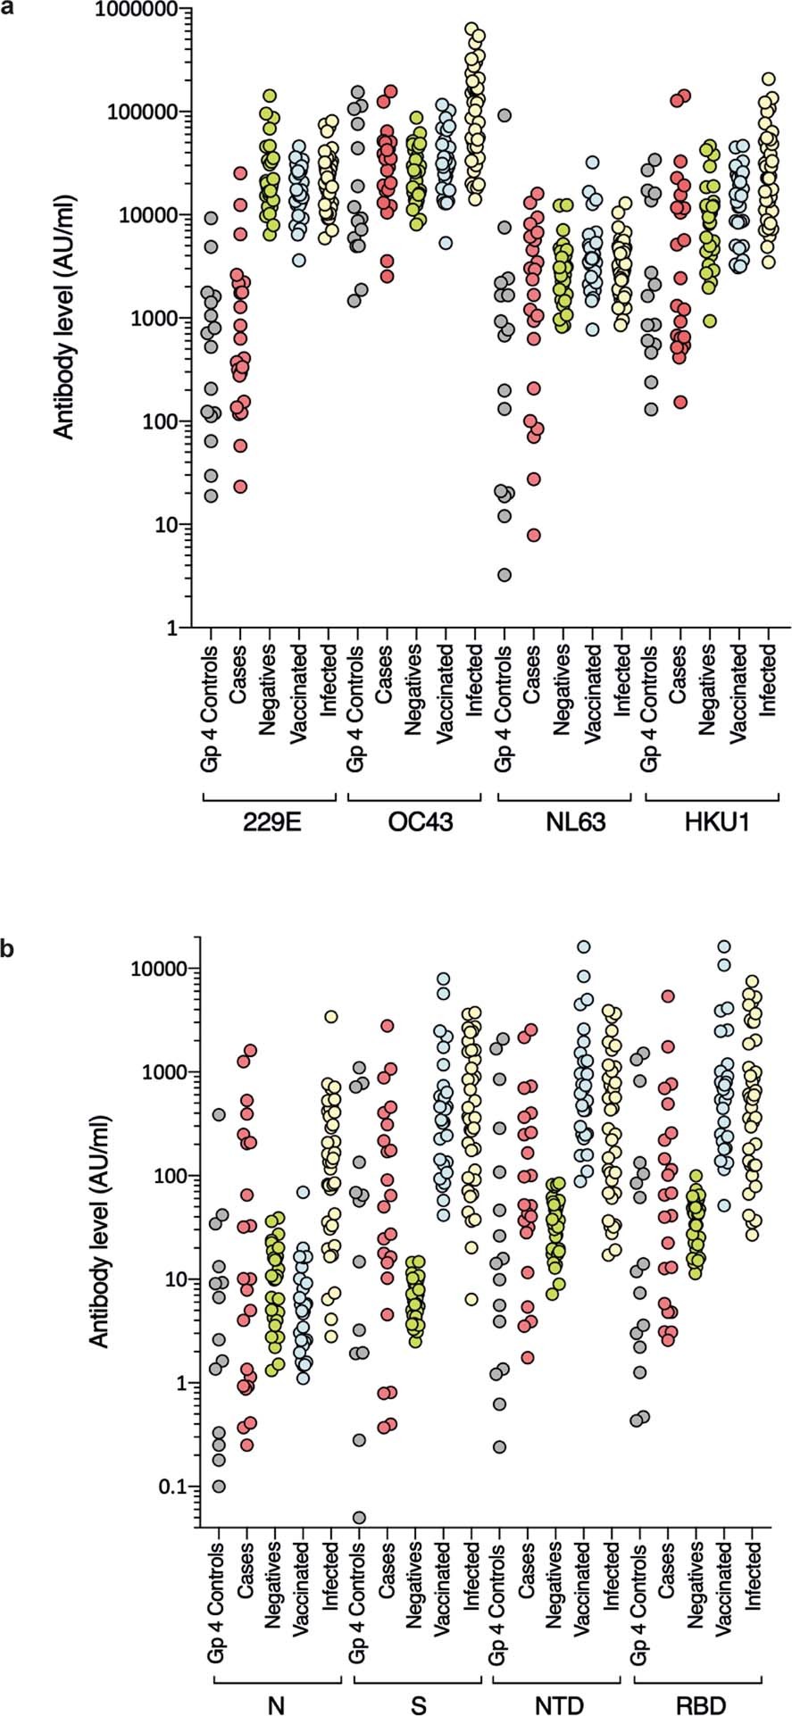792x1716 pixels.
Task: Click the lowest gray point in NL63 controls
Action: (504, 575)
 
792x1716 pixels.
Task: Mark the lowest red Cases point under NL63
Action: (533, 535)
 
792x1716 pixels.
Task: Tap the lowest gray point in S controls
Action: (359, 1517)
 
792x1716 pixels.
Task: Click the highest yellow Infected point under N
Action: (330, 1017)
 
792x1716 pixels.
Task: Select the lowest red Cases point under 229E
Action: (240, 487)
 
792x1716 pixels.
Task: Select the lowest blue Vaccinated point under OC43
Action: (446, 243)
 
